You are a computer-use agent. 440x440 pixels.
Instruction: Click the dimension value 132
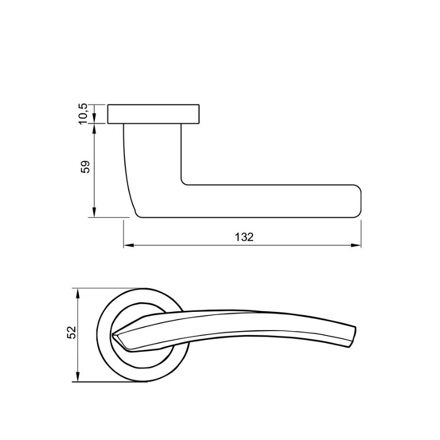click(x=244, y=237)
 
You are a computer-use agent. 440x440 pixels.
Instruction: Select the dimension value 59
click(x=85, y=167)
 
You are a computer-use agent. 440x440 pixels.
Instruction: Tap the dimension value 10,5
click(x=84, y=114)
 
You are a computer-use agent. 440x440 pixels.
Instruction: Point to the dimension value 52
click(x=72, y=333)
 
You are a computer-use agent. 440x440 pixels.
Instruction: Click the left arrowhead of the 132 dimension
click(x=128, y=245)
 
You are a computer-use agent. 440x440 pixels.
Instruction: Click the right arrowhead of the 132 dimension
click(x=356, y=245)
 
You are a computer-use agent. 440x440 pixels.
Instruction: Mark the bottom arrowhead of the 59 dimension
click(x=94, y=212)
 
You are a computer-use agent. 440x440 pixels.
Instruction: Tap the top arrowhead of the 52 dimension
click(x=78, y=293)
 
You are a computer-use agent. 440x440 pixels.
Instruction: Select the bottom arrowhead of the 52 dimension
click(x=78, y=377)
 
